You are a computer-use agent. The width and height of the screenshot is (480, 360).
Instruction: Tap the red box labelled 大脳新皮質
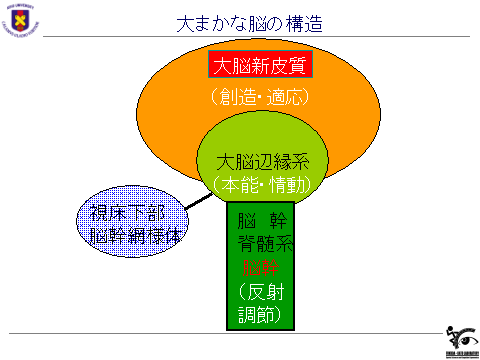coord(261,66)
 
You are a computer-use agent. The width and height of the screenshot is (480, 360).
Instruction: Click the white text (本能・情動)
coord(262,184)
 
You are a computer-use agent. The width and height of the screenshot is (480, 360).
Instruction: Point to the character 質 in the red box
coord(297,66)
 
